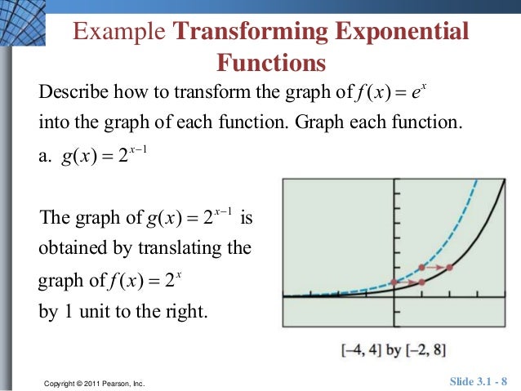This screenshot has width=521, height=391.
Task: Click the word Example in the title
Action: (120, 33)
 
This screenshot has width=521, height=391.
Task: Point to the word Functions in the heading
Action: (270, 63)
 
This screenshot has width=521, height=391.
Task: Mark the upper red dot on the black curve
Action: (450, 267)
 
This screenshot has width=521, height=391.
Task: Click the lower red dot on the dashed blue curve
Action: (394, 282)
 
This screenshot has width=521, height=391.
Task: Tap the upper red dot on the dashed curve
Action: (421, 267)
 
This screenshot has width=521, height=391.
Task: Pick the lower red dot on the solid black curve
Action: (421, 282)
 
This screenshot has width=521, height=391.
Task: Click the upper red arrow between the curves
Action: (436, 267)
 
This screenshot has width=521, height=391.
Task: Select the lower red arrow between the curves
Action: (408, 282)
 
